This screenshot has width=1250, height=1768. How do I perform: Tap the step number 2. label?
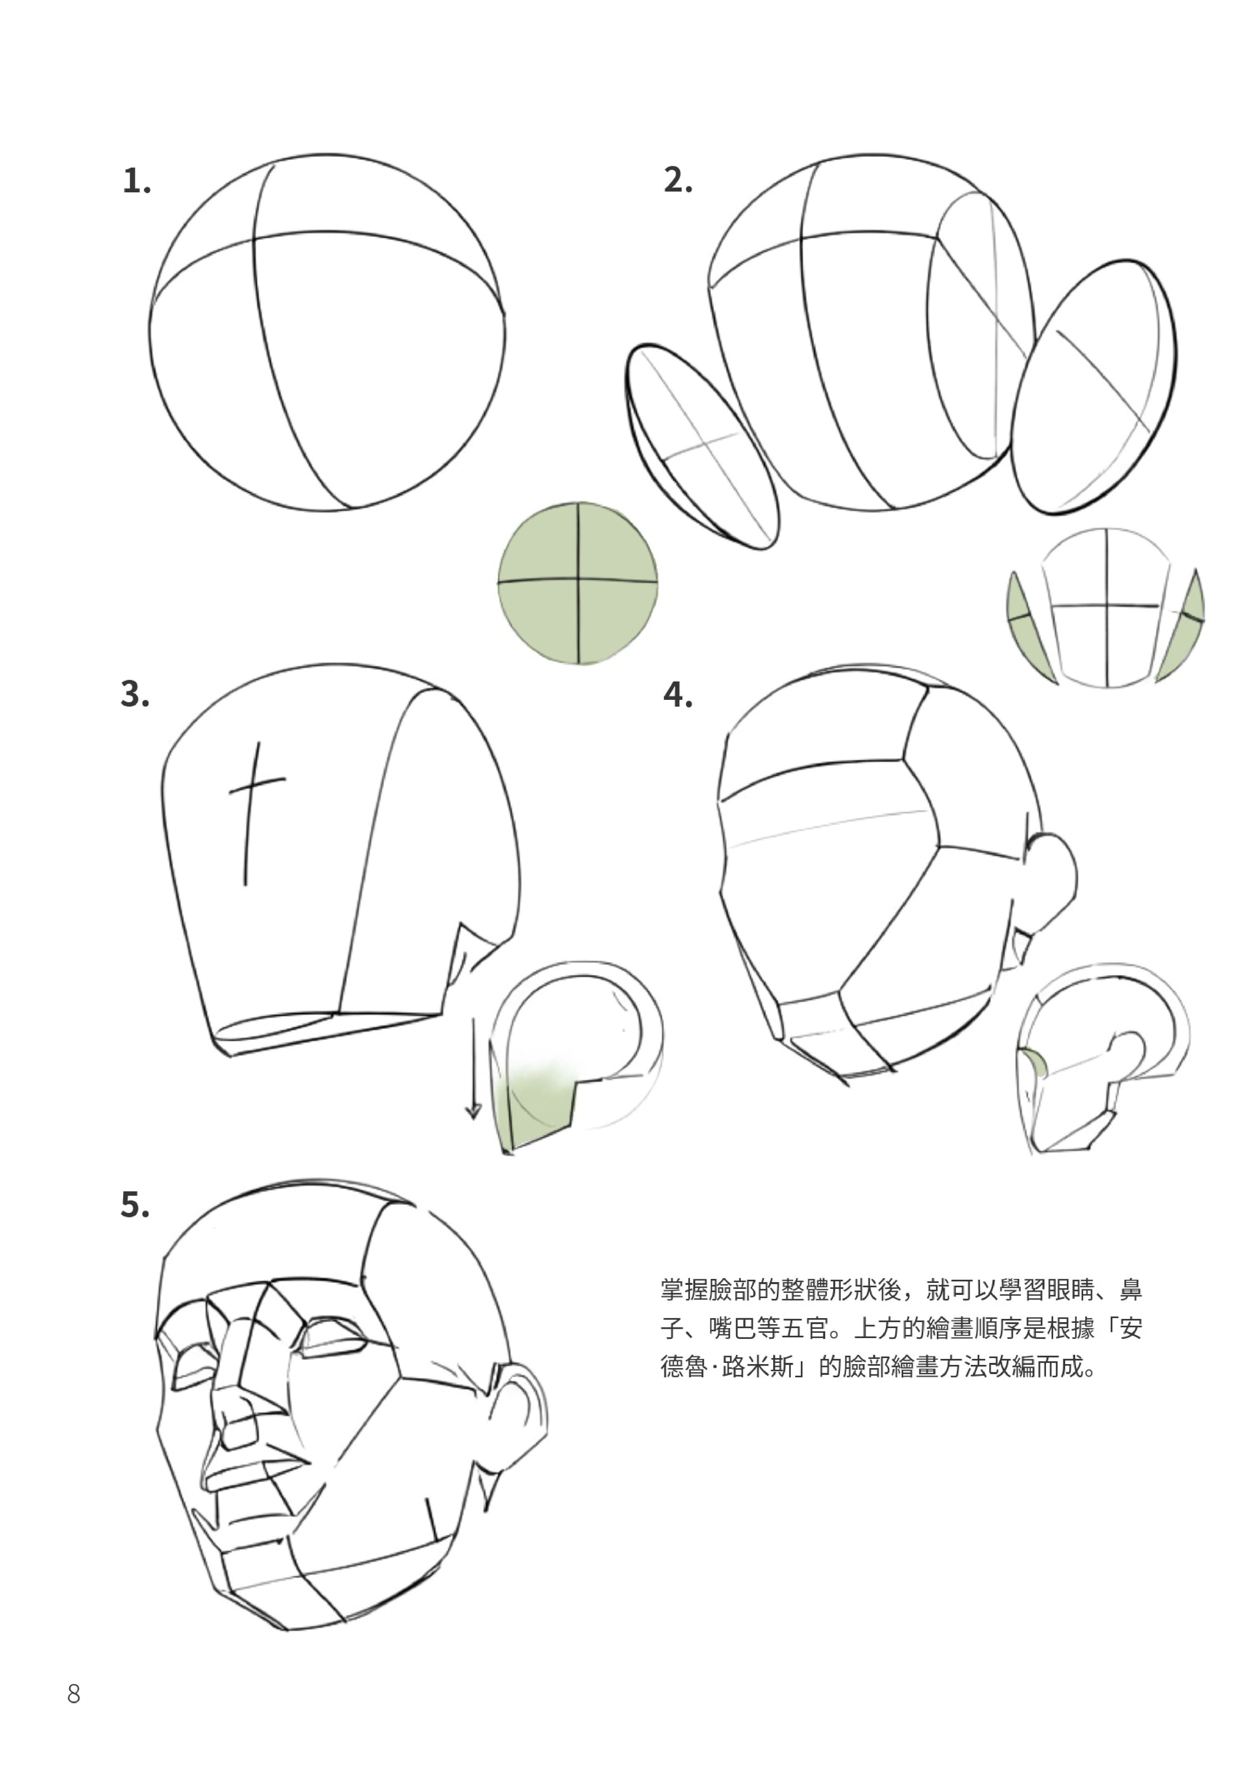pos(678,180)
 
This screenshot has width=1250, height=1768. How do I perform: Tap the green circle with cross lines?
pos(578,583)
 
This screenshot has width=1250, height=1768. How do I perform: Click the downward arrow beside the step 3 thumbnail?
pos(473,1070)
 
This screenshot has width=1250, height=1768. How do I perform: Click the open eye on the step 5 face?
pos(333,1341)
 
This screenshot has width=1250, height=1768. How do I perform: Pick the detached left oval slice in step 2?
pos(701,447)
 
